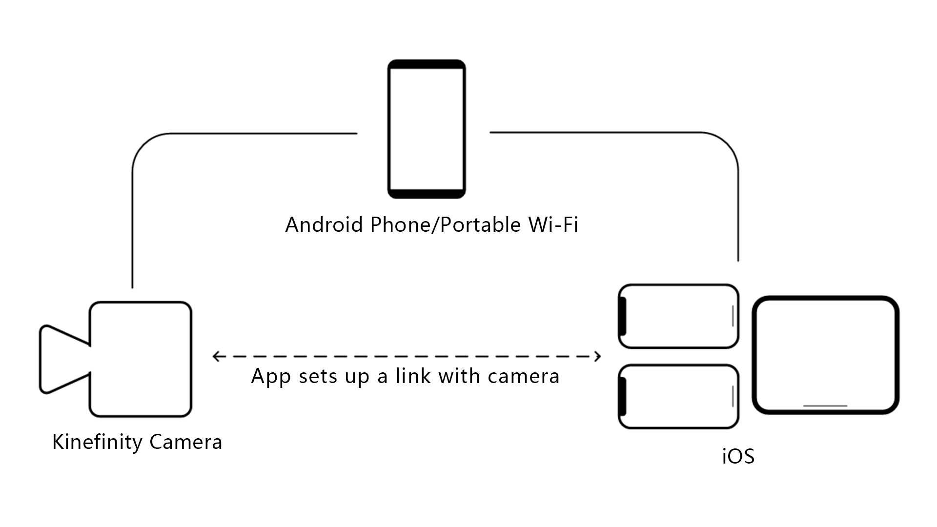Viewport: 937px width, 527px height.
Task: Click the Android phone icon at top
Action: tap(427, 129)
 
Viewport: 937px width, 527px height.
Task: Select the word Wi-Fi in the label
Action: tap(553, 225)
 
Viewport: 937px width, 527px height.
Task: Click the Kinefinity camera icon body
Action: tap(141, 359)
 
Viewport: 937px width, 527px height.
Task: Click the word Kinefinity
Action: tap(98, 442)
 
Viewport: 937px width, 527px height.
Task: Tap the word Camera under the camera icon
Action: tap(186, 442)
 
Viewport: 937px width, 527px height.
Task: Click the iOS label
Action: tap(738, 457)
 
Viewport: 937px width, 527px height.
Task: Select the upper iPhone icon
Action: tap(678, 316)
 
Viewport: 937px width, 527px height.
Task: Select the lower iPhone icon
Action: tap(678, 397)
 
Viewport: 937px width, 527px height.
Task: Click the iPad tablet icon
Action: tap(826, 355)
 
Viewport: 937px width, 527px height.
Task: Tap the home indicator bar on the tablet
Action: tap(825, 405)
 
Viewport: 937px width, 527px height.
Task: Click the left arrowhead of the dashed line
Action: tap(215, 357)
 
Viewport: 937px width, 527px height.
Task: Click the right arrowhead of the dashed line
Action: tap(598, 357)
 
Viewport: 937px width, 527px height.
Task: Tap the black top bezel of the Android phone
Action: tap(427, 64)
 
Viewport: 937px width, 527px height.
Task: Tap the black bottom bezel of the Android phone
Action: tap(427, 194)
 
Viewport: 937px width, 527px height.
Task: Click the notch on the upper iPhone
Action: tap(623, 316)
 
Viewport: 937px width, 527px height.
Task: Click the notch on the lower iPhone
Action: tap(623, 397)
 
